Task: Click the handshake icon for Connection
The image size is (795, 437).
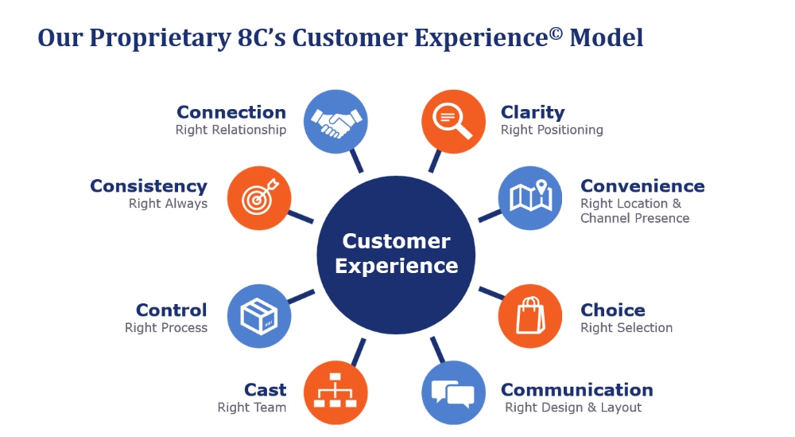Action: tap(336, 122)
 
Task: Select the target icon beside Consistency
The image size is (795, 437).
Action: tap(259, 198)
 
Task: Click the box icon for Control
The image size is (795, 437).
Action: tap(259, 316)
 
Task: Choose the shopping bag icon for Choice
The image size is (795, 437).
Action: tap(530, 316)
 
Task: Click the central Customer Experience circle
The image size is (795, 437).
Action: tap(396, 255)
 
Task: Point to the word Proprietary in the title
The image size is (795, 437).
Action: tap(161, 38)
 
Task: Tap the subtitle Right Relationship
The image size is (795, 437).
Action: tap(231, 130)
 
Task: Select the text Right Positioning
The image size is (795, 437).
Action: tap(552, 130)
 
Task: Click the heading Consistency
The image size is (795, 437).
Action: tap(149, 186)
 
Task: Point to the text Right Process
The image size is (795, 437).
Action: tap(166, 328)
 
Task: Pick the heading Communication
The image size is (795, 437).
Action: tap(577, 390)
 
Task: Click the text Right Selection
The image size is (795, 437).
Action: tap(626, 328)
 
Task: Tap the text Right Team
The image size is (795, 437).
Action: tap(252, 408)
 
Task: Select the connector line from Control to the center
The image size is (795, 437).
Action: tap(301, 298)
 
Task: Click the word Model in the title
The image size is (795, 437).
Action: tap(607, 38)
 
